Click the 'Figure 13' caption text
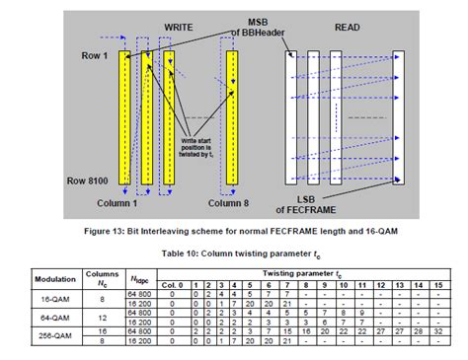tap(233, 229)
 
